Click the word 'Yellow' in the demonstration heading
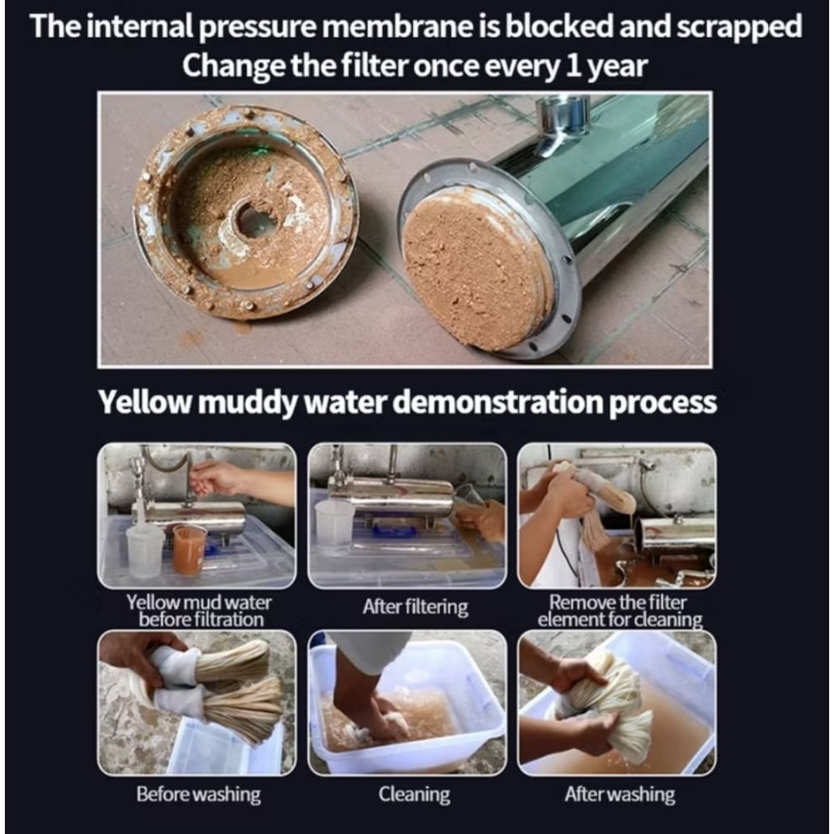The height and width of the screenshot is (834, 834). click(144, 402)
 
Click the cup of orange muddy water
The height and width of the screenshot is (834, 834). click(189, 550)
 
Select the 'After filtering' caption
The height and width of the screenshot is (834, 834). click(415, 607)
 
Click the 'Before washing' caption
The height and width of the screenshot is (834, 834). click(199, 794)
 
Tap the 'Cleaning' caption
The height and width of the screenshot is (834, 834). click(415, 795)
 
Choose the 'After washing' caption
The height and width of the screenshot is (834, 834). click(620, 794)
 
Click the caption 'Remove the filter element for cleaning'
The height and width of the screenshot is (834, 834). click(620, 611)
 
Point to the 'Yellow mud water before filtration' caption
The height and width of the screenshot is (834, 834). click(200, 611)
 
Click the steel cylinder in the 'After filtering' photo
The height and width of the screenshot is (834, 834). click(390, 494)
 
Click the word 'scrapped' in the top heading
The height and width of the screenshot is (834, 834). click(739, 27)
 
